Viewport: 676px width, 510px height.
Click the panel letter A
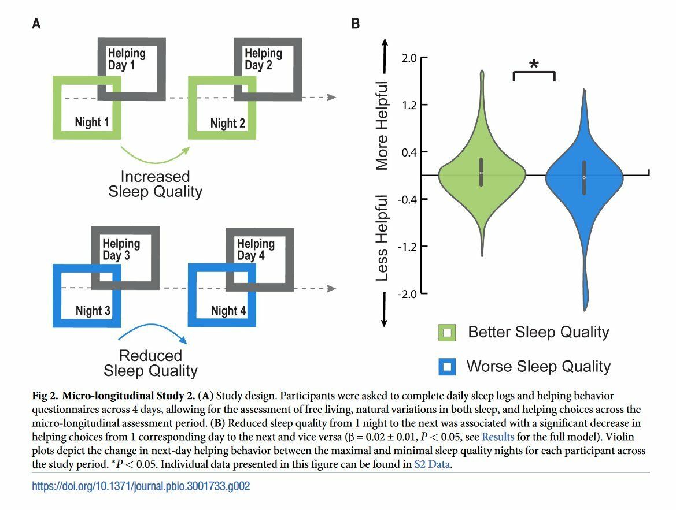click(36, 24)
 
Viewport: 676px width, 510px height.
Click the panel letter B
click(356, 24)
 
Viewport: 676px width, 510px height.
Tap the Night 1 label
click(92, 122)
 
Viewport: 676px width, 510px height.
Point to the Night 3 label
click(93, 311)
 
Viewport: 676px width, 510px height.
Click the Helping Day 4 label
click(256, 250)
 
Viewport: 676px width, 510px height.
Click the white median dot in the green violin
click(481, 173)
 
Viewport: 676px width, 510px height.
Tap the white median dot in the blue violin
click(584, 177)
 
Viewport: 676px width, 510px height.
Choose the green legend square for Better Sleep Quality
click(448, 333)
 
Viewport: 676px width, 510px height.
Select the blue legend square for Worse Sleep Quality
click(448, 367)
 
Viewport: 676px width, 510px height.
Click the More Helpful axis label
click(382, 126)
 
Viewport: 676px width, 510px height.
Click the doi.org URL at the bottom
click(141, 486)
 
